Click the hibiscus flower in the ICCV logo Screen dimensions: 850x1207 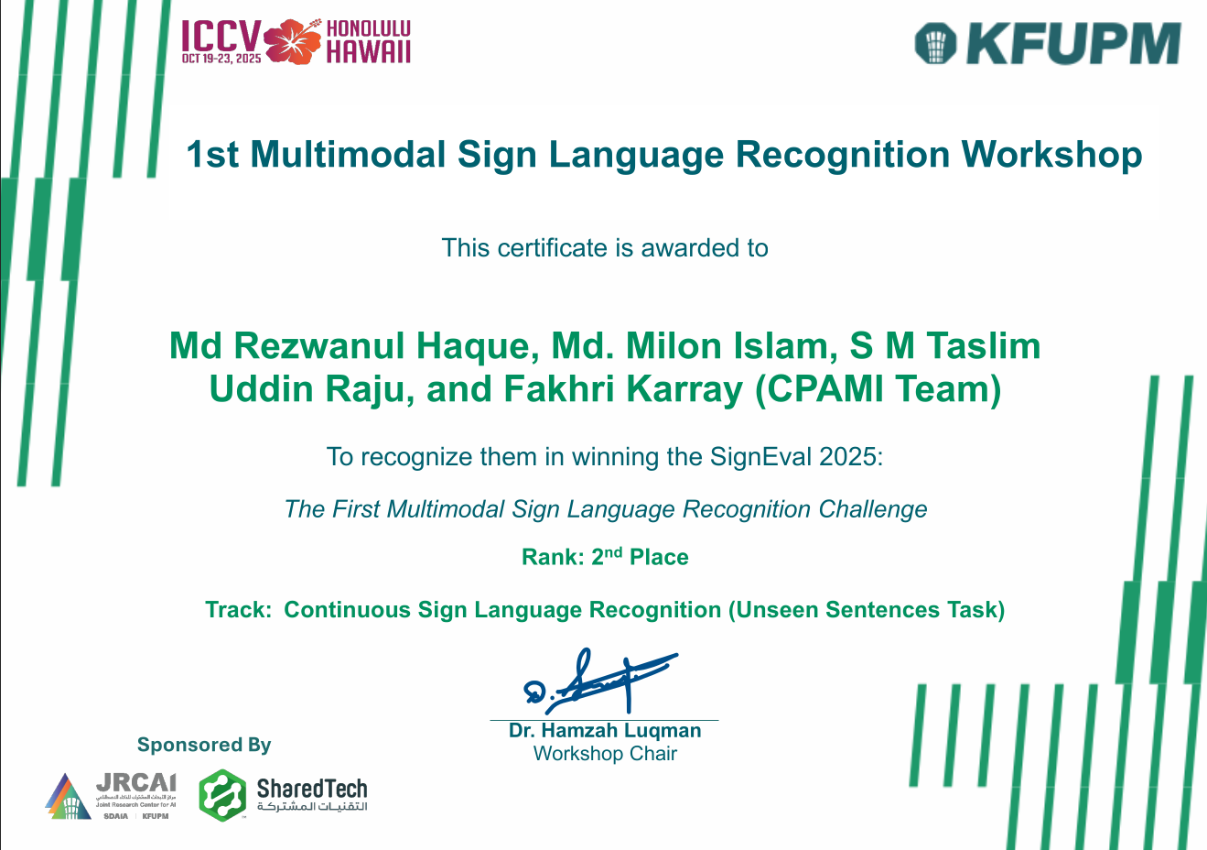point(294,42)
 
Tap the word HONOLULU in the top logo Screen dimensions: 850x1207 point(369,29)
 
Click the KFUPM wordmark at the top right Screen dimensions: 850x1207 point(1073,44)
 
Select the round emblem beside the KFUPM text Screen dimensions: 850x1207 point(935,44)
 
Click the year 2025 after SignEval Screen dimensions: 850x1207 point(848,456)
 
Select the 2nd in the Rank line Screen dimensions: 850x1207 point(607,556)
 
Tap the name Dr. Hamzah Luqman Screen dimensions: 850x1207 point(605,731)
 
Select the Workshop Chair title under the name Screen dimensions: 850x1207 point(605,754)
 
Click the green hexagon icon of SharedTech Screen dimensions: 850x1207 point(222,794)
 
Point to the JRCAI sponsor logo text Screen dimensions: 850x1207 point(135,784)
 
